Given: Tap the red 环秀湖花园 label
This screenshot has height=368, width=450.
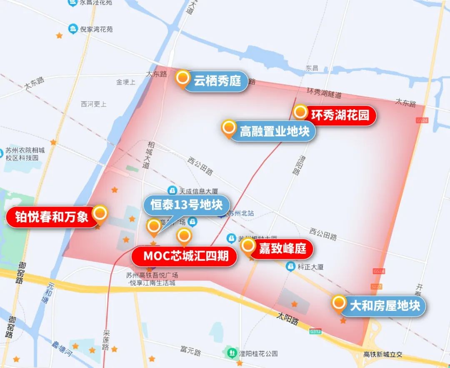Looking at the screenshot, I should click(x=340, y=115).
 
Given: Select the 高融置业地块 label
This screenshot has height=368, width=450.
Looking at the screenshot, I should click(x=275, y=132).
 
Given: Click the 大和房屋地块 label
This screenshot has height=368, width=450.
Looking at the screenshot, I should click(x=385, y=306).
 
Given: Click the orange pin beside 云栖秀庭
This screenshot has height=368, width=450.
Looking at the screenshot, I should click(x=182, y=78).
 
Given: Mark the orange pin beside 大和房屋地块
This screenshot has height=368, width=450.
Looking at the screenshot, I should click(x=339, y=303).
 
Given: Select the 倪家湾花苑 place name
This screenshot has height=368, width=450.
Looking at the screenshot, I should click(x=96, y=29).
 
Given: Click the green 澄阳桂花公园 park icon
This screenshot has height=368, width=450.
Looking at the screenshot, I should click(x=231, y=353).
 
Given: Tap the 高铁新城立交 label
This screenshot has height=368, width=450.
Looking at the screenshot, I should click(x=382, y=354).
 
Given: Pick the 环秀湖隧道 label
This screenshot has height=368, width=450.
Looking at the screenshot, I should click(x=324, y=93).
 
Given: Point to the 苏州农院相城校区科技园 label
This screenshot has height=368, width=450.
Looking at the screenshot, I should click(x=25, y=154).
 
